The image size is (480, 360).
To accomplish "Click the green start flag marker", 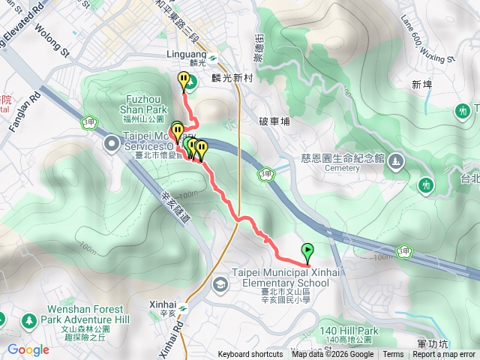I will [x=307, y=252].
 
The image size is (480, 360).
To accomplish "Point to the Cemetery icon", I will [x=397, y=160].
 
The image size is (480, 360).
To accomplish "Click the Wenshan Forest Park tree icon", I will [x=28, y=321].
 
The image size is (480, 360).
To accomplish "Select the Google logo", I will [x=28, y=349].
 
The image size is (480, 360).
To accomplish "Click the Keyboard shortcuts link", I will [x=250, y=355].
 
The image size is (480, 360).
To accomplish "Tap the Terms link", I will [x=393, y=355].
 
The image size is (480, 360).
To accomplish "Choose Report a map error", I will [x=444, y=355].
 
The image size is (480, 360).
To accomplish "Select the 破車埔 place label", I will [x=273, y=121].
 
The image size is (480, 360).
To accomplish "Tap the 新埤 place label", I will [x=422, y=85].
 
